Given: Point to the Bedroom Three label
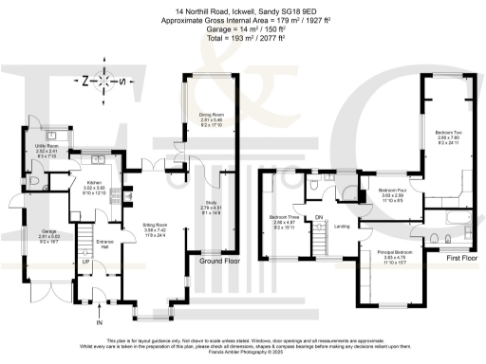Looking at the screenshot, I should [x=285, y=218].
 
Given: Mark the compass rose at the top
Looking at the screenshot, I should [x=105, y=81].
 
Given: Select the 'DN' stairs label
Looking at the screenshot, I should [x=320, y=215].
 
